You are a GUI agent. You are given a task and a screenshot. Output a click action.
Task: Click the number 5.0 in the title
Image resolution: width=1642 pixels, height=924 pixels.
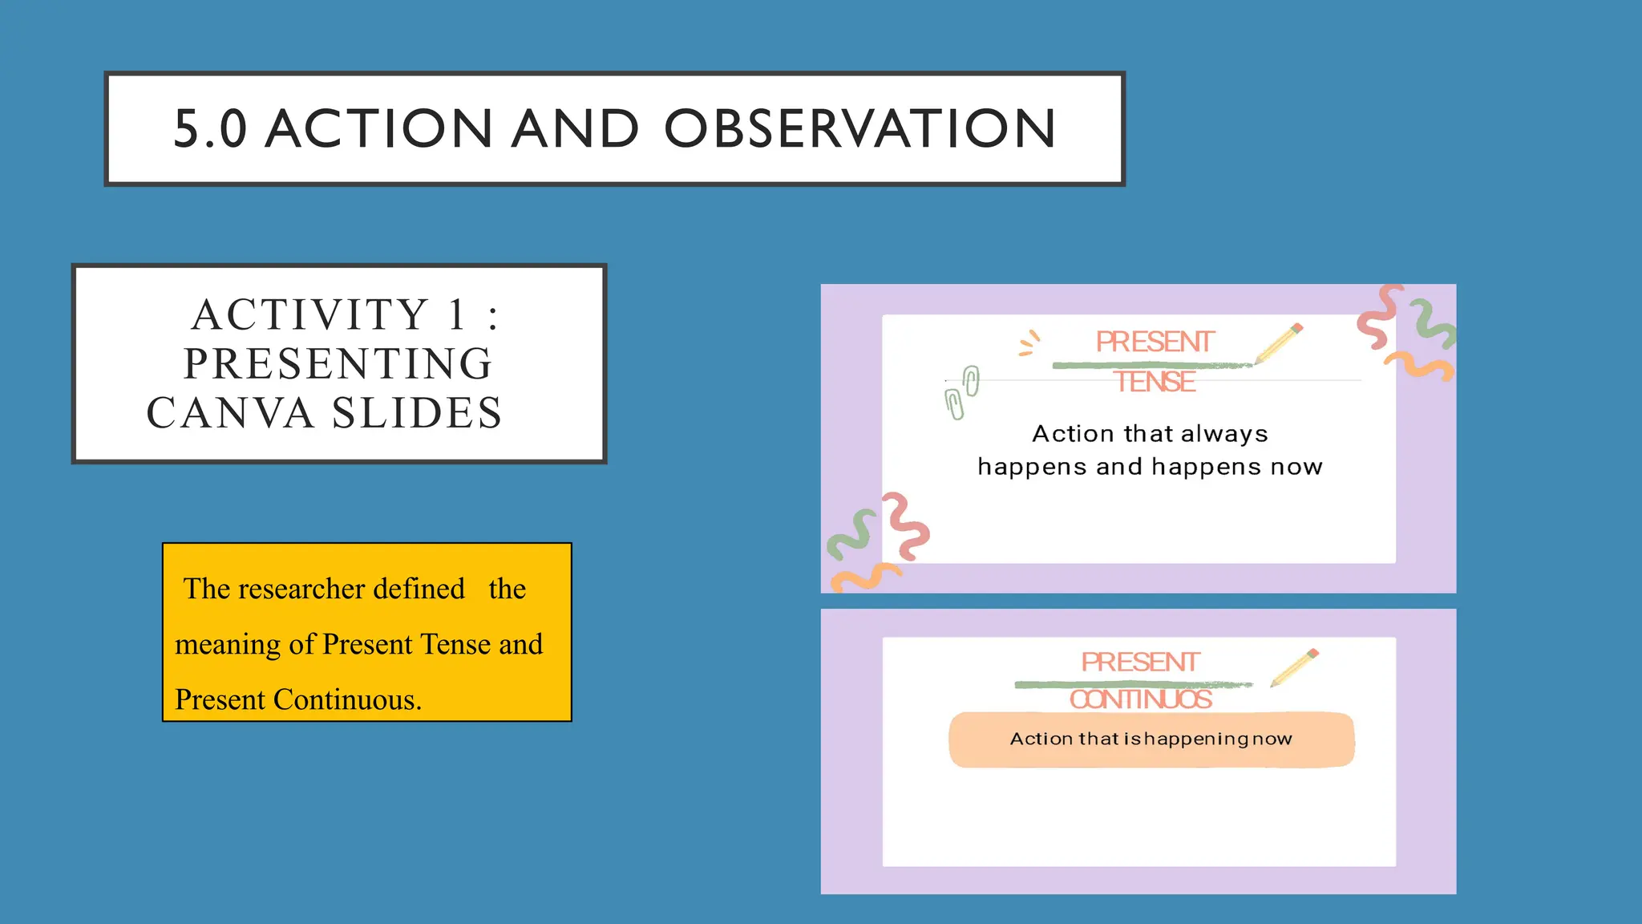(x=210, y=129)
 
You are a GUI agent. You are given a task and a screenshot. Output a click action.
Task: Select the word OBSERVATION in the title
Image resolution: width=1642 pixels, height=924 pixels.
(x=860, y=129)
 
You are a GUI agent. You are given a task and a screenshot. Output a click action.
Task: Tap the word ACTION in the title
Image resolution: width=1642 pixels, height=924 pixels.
(x=378, y=129)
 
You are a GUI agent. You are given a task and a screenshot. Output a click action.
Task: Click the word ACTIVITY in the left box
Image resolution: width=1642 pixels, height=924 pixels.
(x=311, y=314)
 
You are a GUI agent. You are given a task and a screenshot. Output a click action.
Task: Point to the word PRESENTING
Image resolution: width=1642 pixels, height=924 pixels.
(x=338, y=364)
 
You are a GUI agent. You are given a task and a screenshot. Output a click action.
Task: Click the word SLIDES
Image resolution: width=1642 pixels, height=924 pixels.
(x=417, y=414)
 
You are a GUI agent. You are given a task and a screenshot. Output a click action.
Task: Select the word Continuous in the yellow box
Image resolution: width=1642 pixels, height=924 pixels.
(x=347, y=700)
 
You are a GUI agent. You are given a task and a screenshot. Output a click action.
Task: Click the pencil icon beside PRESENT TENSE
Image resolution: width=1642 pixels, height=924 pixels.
(x=1280, y=343)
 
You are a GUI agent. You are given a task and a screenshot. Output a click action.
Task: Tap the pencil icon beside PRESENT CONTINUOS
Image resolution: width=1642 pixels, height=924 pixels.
(x=1294, y=667)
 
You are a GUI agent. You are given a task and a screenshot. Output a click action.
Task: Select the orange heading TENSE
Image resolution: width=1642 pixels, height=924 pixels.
(x=1155, y=382)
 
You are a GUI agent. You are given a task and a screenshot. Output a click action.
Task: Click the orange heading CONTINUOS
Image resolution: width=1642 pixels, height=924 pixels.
(x=1140, y=699)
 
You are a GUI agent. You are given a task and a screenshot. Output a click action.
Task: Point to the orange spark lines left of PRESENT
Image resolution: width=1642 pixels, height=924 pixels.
(x=1029, y=343)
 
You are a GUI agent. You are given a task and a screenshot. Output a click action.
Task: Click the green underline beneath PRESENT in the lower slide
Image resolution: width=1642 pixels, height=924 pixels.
(x=1132, y=684)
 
